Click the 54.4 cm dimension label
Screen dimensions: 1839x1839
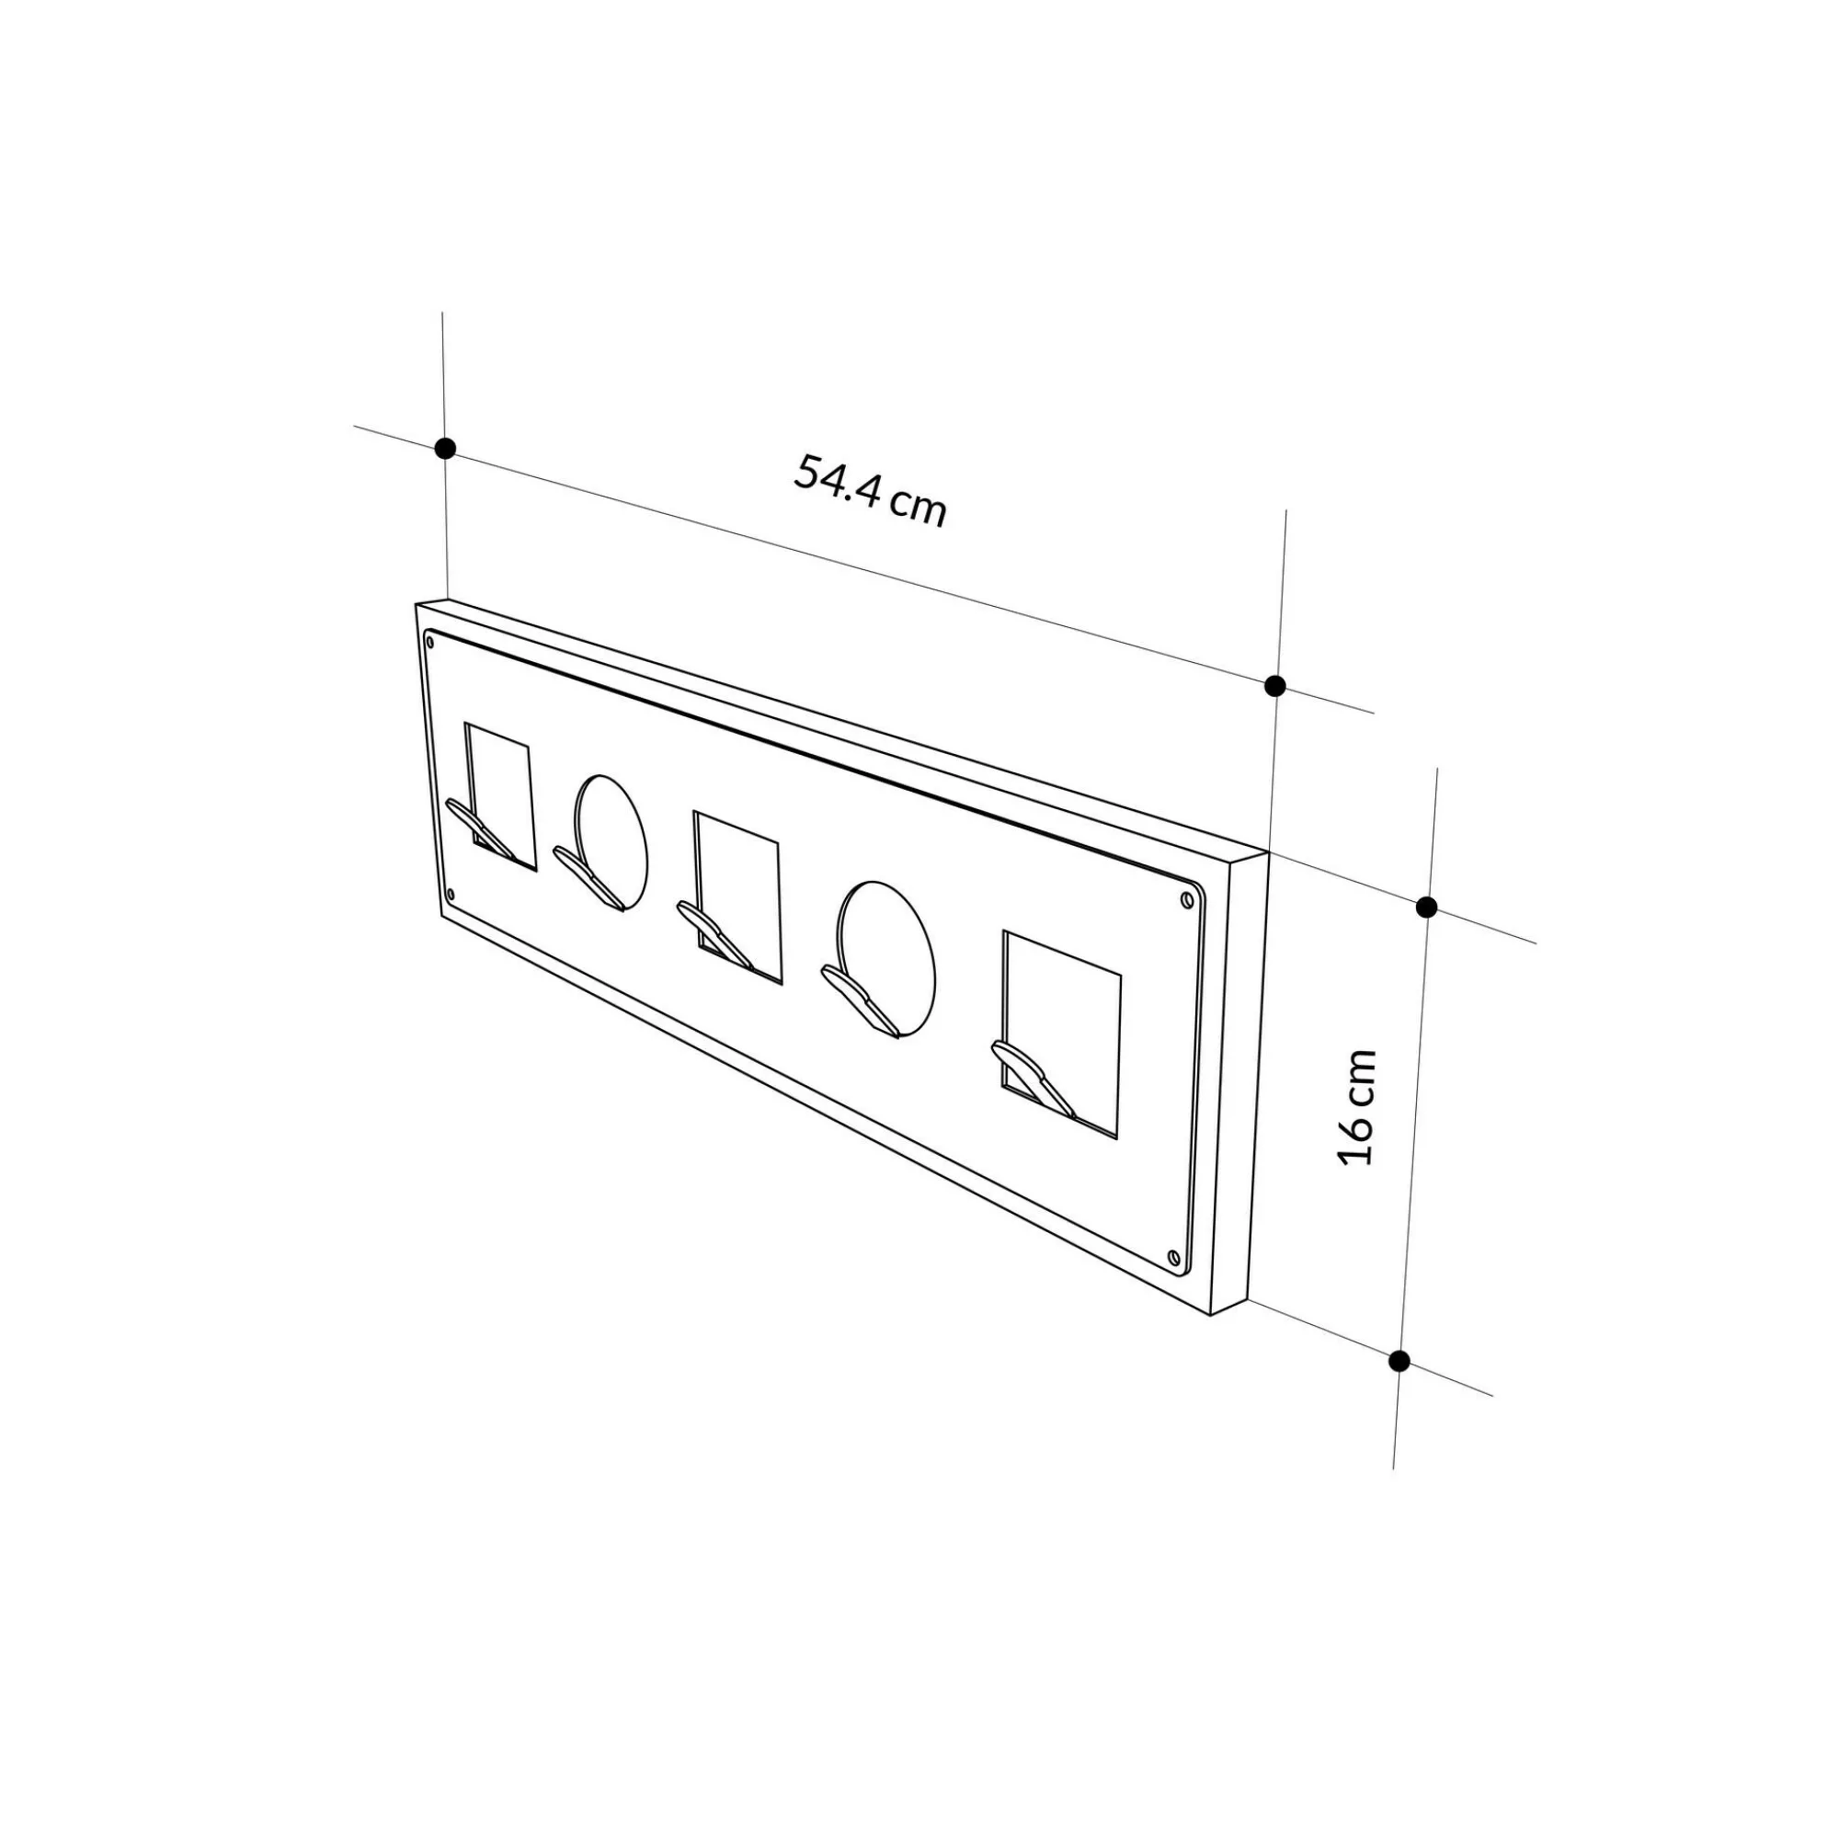[x=870, y=490]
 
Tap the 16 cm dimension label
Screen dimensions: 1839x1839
[x=1356, y=1107]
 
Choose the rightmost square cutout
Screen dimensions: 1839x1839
[x=1060, y=1034]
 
